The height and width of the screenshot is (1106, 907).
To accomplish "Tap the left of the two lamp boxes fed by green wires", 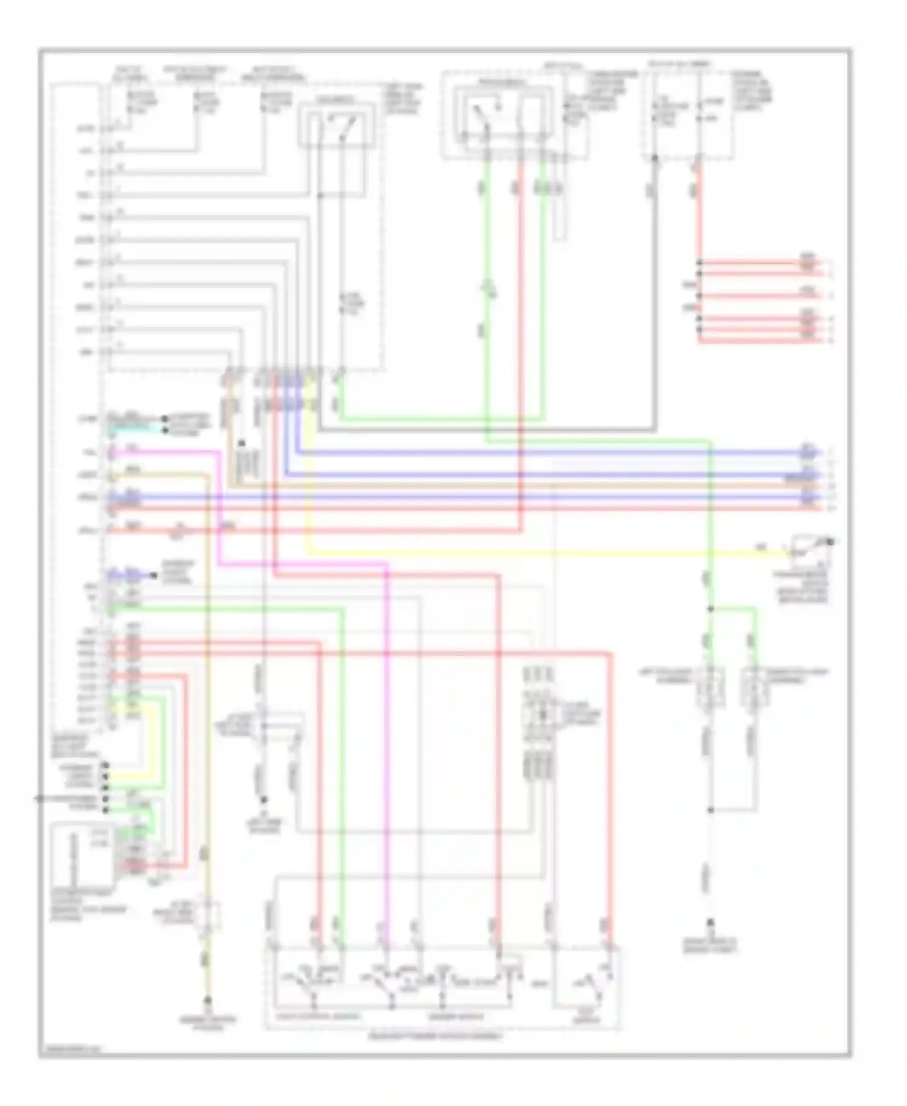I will click(x=710, y=687).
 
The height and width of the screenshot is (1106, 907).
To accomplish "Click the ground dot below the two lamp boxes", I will click(x=711, y=923).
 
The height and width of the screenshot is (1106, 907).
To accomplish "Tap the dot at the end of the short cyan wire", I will click(x=164, y=431).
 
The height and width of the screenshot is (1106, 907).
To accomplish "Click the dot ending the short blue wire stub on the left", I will click(x=154, y=575).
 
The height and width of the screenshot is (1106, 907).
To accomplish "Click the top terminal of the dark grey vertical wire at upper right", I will click(x=654, y=159).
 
